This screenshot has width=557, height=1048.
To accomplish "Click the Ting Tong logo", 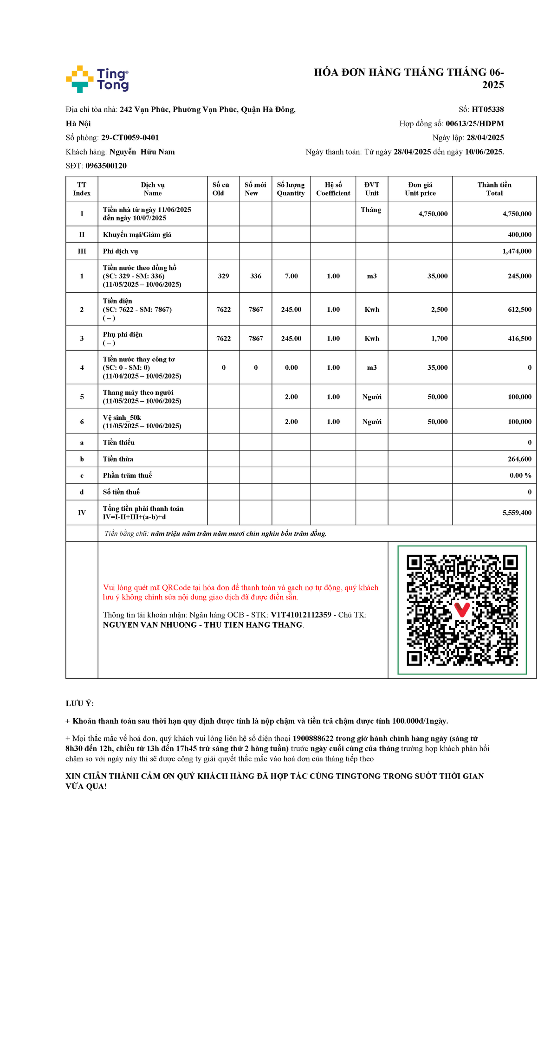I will (97, 79).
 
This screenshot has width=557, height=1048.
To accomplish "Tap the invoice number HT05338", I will (487, 109).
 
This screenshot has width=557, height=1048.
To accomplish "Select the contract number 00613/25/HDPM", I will (474, 123).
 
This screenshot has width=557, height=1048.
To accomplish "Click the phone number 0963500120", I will (106, 166).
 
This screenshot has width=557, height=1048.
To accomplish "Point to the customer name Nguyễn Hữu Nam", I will (142, 152).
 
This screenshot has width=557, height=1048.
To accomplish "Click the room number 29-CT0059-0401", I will (130, 138).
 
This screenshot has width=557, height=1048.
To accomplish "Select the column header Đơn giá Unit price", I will (420, 189).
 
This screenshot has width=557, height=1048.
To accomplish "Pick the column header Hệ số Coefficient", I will (333, 189).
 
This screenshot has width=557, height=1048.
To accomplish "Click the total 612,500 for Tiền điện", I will (519, 309).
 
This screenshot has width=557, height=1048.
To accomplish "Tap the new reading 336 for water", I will (256, 276).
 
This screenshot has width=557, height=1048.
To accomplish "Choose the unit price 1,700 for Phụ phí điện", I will (439, 339).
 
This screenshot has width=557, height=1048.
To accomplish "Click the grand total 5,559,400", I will (517, 513).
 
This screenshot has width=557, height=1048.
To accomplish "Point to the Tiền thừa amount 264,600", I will (519, 459).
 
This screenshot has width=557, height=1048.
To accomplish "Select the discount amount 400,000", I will (519, 235).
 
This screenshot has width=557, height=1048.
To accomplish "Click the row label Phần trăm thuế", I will (127, 476).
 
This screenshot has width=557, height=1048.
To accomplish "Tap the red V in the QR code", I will (462, 609).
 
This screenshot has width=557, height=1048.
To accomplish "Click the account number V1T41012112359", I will (301, 615).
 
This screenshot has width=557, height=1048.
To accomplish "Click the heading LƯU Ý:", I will (80, 703).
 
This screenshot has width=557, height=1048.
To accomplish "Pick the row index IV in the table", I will (82, 513).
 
